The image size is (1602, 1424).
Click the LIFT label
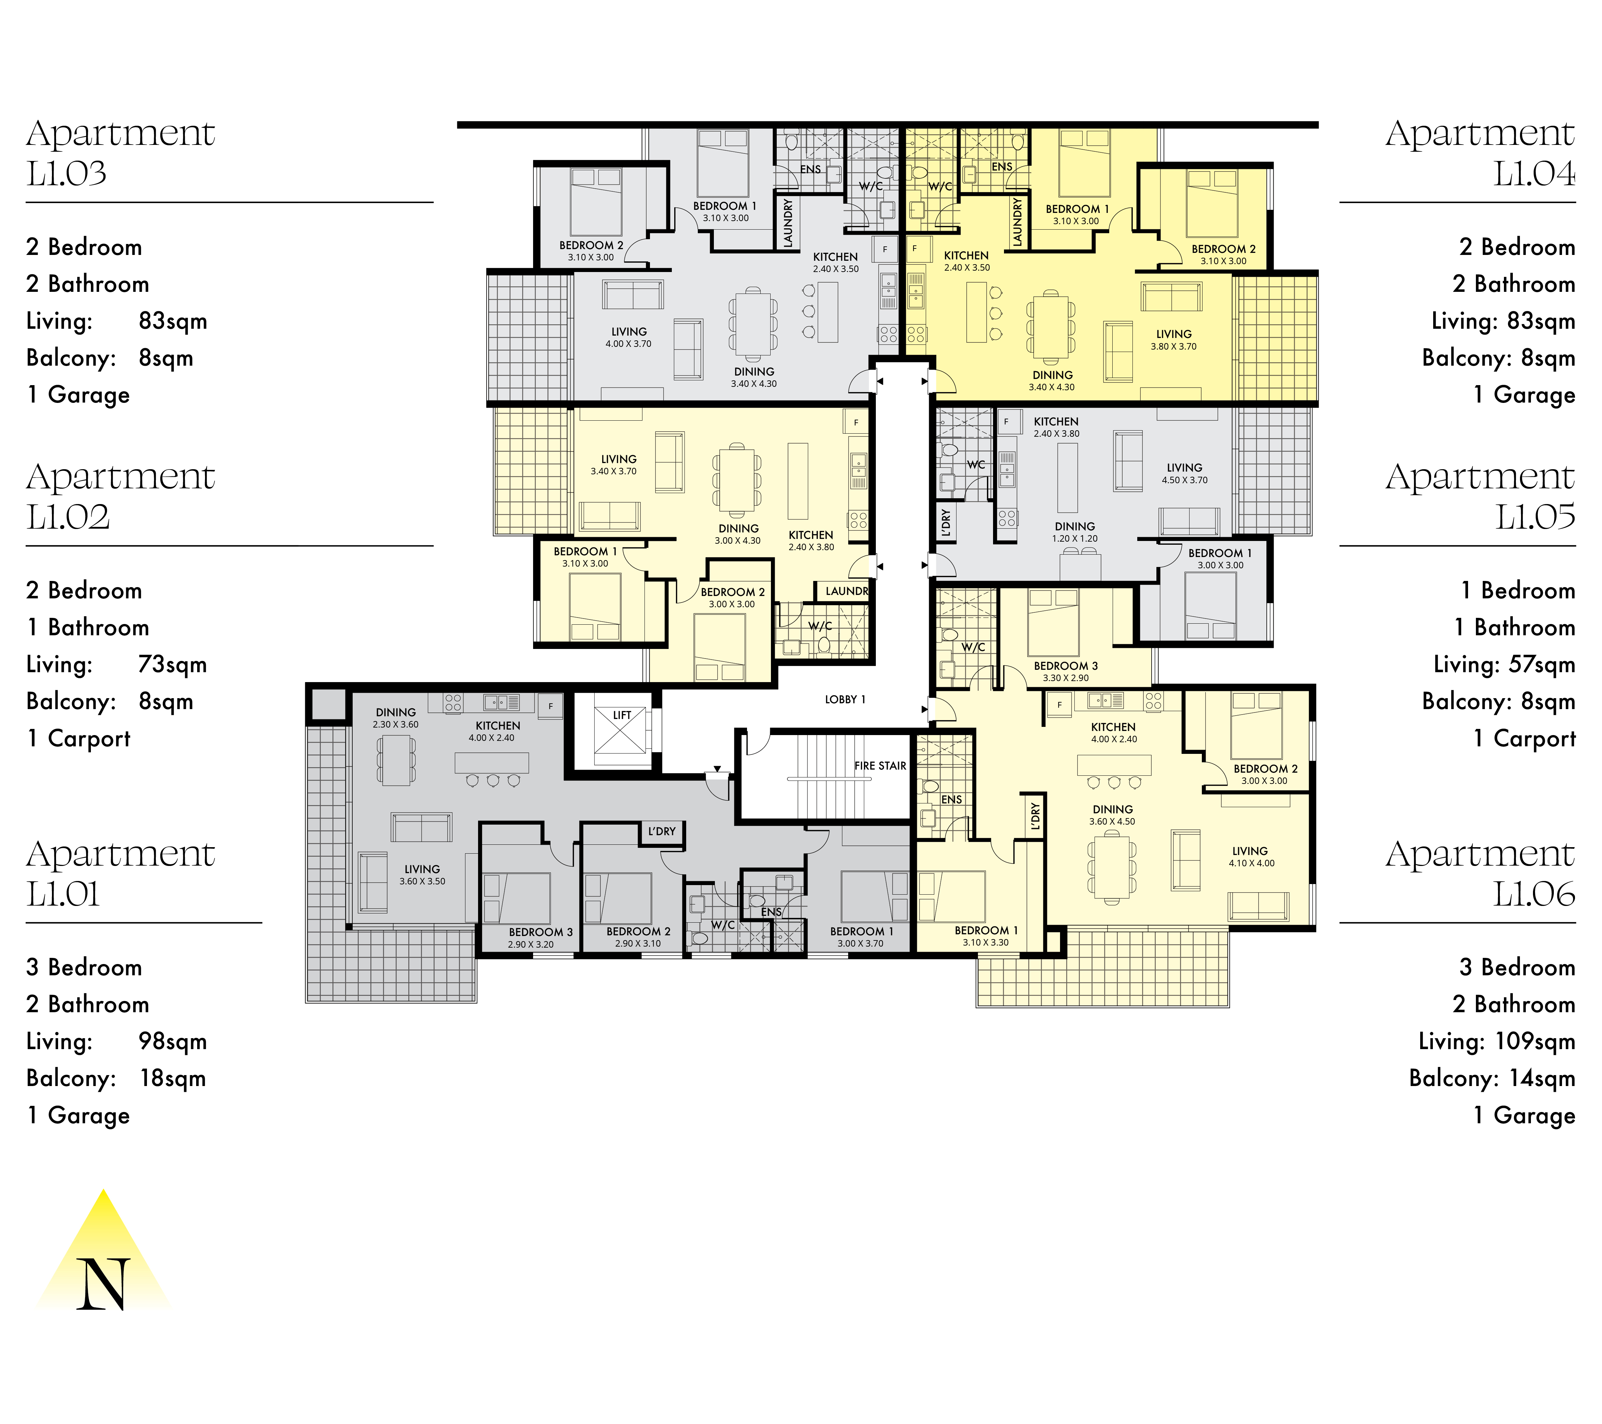622,715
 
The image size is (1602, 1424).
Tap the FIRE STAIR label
880,766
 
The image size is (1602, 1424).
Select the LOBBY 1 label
845,699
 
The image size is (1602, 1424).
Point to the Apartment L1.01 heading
121,873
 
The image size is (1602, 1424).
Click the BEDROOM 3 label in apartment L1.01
541,932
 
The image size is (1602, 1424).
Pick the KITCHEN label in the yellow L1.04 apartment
966,256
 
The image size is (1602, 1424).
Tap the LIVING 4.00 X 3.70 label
628,337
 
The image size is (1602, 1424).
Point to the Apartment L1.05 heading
1481,496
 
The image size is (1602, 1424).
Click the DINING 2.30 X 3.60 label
396,718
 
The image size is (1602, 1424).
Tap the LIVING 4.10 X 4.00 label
1251,857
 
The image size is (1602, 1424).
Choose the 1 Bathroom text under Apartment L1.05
1515,627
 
